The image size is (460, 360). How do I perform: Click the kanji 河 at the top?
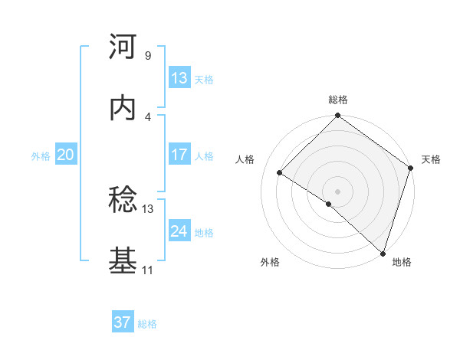pyautogui.click(x=123, y=47)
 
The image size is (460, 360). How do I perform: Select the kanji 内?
pyautogui.click(x=123, y=108)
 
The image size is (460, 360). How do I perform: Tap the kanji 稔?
pyautogui.click(x=123, y=201)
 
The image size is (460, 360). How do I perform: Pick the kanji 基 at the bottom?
pyautogui.click(x=123, y=261)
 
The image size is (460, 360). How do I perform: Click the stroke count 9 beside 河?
pyautogui.click(x=147, y=55)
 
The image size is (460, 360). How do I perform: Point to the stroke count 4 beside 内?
pyautogui.click(x=147, y=116)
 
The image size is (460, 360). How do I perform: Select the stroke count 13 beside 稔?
pyautogui.click(x=148, y=208)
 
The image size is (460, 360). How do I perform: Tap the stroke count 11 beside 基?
pyautogui.click(x=148, y=270)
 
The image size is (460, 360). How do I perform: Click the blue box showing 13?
pyautogui.click(x=179, y=78)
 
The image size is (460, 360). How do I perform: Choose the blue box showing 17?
pyautogui.click(x=179, y=155)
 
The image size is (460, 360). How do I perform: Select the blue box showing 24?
pyautogui.click(x=179, y=231)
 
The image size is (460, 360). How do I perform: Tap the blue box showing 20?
pyautogui.click(x=65, y=155)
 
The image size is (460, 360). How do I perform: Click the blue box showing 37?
pyautogui.click(x=122, y=322)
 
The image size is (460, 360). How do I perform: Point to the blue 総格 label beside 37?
pyautogui.click(x=147, y=324)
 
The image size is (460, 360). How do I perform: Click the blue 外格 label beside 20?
pyautogui.click(x=41, y=156)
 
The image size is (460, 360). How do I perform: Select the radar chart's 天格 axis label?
pyautogui.click(x=431, y=159)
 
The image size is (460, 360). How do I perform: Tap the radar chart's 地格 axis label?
pyautogui.click(x=402, y=262)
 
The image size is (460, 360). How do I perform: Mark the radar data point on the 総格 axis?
pyautogui.click(x=337, y=116)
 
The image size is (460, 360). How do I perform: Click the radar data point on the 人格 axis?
pyautogui.click(x=280, y=173)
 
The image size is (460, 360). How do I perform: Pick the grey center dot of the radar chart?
pyautogui.click(x=337, y=191)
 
